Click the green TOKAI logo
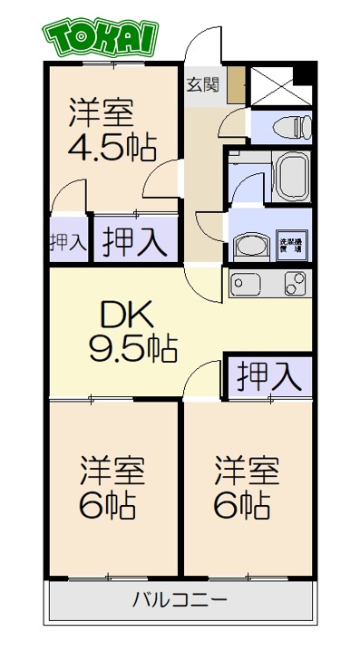tap(100, 37)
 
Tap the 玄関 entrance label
tap(202, 86)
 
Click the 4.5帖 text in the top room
tap(111, 146)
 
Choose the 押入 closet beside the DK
tap(268, 375)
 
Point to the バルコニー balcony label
tap(180, 599)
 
